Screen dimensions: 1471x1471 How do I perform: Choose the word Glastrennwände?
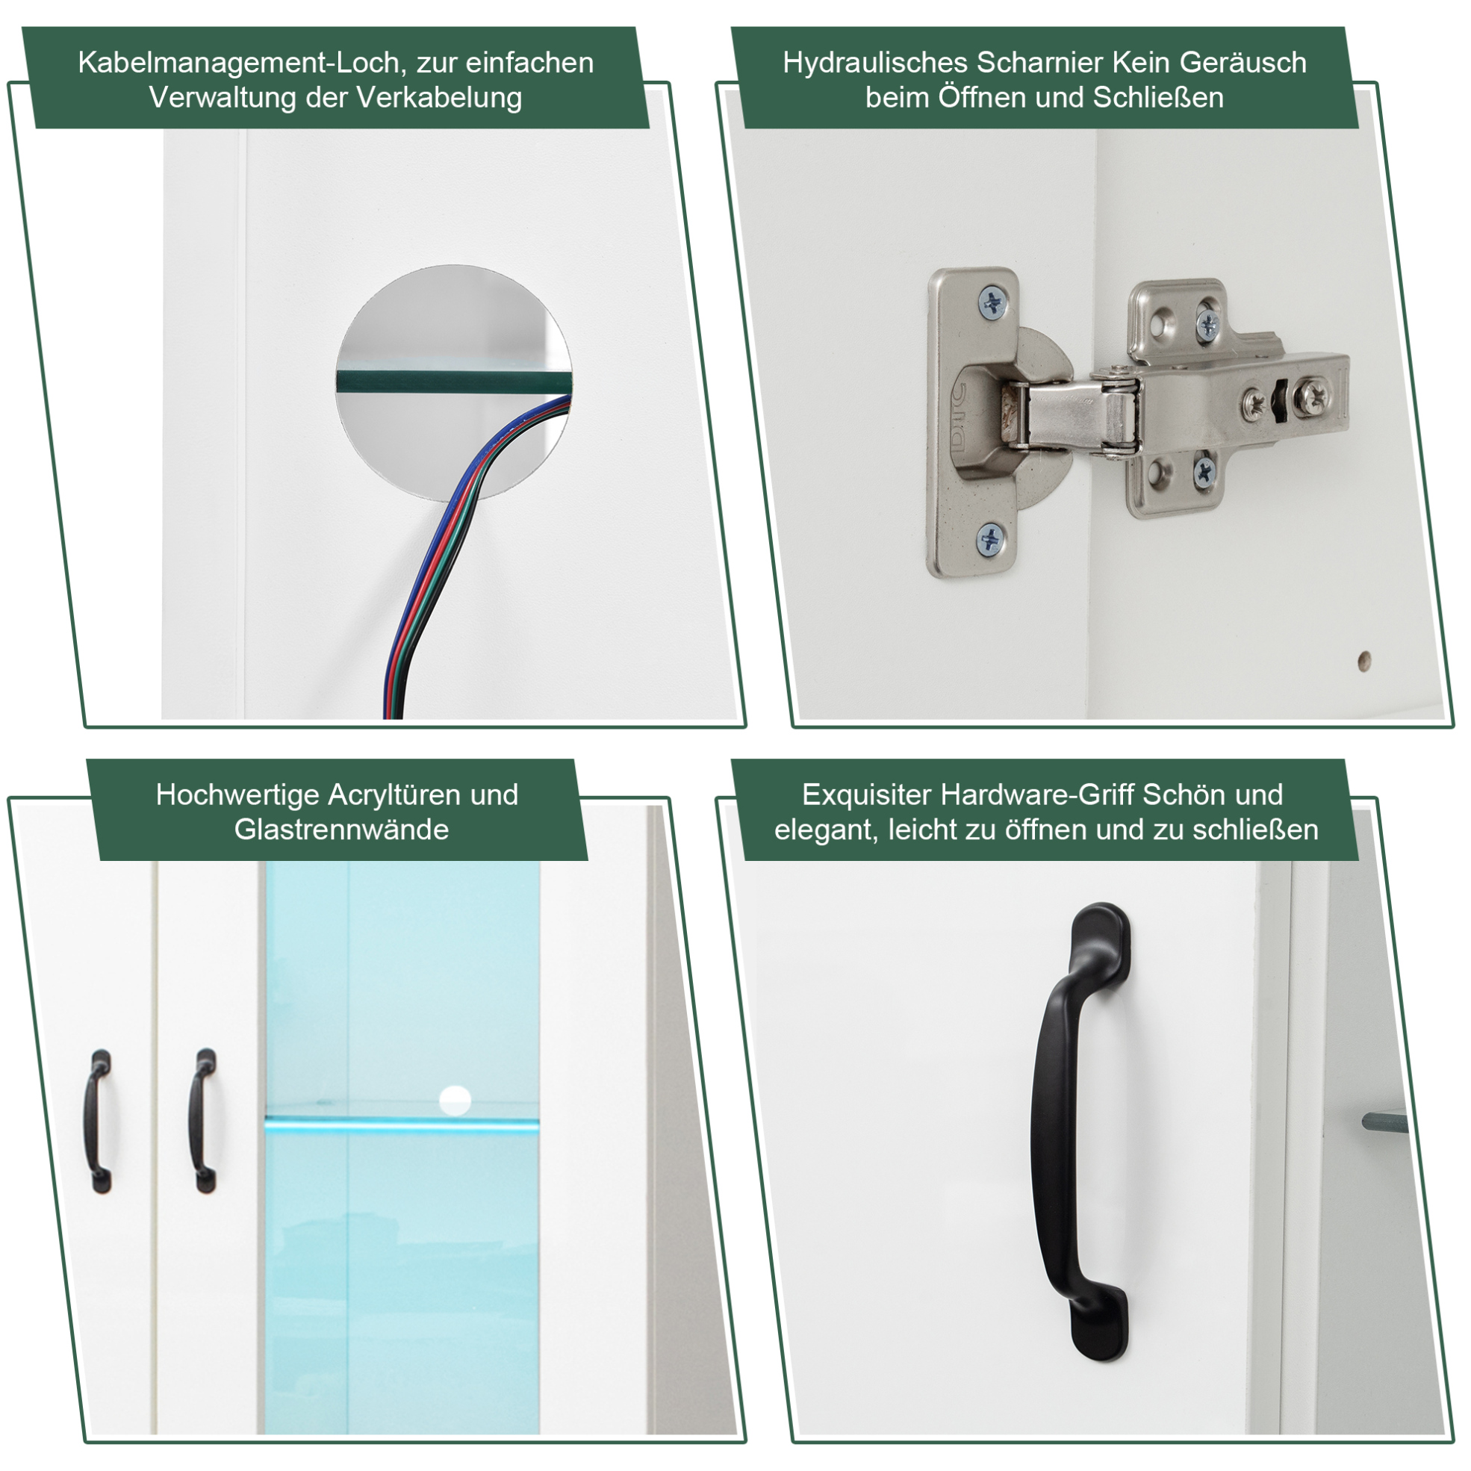[x=342, y=829]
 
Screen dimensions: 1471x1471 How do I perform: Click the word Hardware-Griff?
[x=1039, y=795]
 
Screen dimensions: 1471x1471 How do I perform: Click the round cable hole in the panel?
[x=454, y=384]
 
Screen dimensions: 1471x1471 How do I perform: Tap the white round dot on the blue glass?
[x=455, y=1100]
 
